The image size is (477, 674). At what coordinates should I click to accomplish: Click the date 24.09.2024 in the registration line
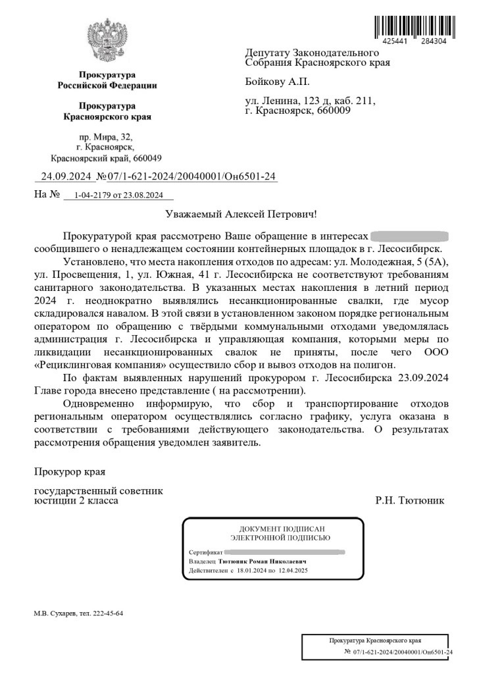pyautogui.click(x=64, y=176)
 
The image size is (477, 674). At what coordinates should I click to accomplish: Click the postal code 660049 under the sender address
pyautogui.click(x=145, y=159)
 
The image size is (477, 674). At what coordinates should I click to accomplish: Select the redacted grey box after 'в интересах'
pyautogui.click(x=409, y=236)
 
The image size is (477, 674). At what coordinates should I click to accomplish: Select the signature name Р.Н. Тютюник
pyautogui.click(x=409, y=500)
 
